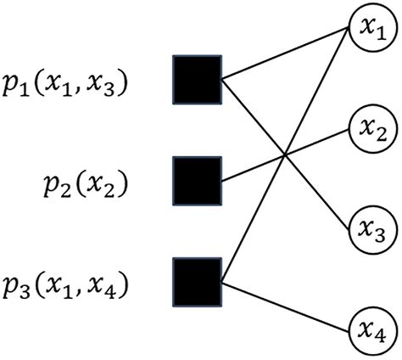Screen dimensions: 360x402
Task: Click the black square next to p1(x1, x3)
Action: [197, 81]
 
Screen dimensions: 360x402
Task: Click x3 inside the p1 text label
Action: [109, 87]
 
